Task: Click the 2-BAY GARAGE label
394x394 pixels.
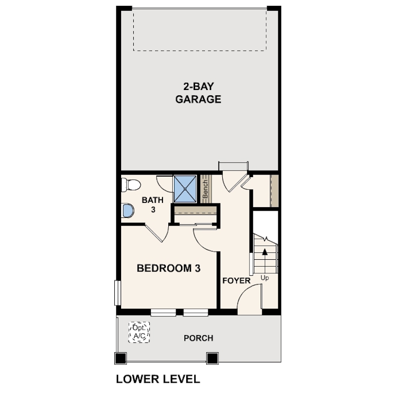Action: coord(198,93)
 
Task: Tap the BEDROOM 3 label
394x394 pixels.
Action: coord(169,268)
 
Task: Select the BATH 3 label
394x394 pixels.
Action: coord(153,204)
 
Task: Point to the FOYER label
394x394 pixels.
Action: coord(236,281)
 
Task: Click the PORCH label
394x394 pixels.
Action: coord(198,338)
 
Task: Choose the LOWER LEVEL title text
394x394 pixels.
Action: coord(158,379)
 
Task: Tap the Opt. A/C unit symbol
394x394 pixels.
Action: coord(139,332)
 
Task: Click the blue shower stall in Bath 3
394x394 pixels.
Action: coord(185,189)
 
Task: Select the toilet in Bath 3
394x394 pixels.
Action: coord(131,185)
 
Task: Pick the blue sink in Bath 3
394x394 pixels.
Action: coord(127,211)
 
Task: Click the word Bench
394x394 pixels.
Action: coord(205,189)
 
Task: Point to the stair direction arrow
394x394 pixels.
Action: coord(265,261)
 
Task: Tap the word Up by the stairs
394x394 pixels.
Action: coord(265,278)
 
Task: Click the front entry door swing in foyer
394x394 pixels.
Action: coord(250,299)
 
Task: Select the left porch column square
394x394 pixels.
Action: coord(121,358)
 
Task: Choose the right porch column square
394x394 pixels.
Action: coord(213,358)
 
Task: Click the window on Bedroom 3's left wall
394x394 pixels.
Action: coord(118,293)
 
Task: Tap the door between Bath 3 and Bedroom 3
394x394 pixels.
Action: coord(156,233)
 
